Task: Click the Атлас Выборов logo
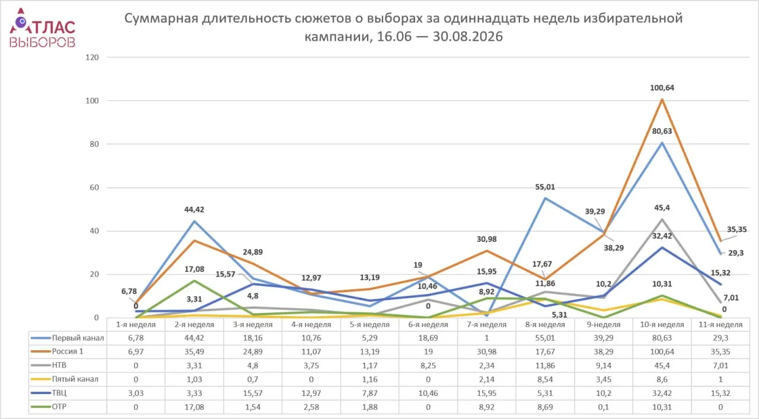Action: click(x=42, y=28)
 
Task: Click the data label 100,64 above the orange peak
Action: click(x=662, y=88)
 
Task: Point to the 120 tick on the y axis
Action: click(x=92, y=57)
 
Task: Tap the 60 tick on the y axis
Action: click(x=94, y=188)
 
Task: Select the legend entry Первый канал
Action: click(x=78, y=338)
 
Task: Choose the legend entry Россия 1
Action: click(x=67, y=351)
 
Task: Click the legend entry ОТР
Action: click(x=59, y=407)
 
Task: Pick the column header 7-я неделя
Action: click(x=487, y=325)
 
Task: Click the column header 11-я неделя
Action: click(x=720, y=325)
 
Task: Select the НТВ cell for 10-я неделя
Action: click(x=662, y=366)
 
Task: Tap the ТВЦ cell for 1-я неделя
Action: click(x=136, y=394)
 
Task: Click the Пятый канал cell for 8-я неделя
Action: click(x=545, y=379)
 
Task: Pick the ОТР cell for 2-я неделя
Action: click(x=194, y=407)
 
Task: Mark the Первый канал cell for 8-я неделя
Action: click(x=545, y=338)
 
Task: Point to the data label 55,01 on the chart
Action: click(x=545, y=187)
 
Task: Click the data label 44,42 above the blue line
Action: click(x=194, y=210)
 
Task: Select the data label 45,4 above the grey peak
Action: click(x=662, y=207)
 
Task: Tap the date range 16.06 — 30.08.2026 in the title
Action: click(x=440, y=36)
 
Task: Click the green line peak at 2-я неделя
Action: click(x=194, y=280)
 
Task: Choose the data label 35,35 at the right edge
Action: click(x=736, y=230)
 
